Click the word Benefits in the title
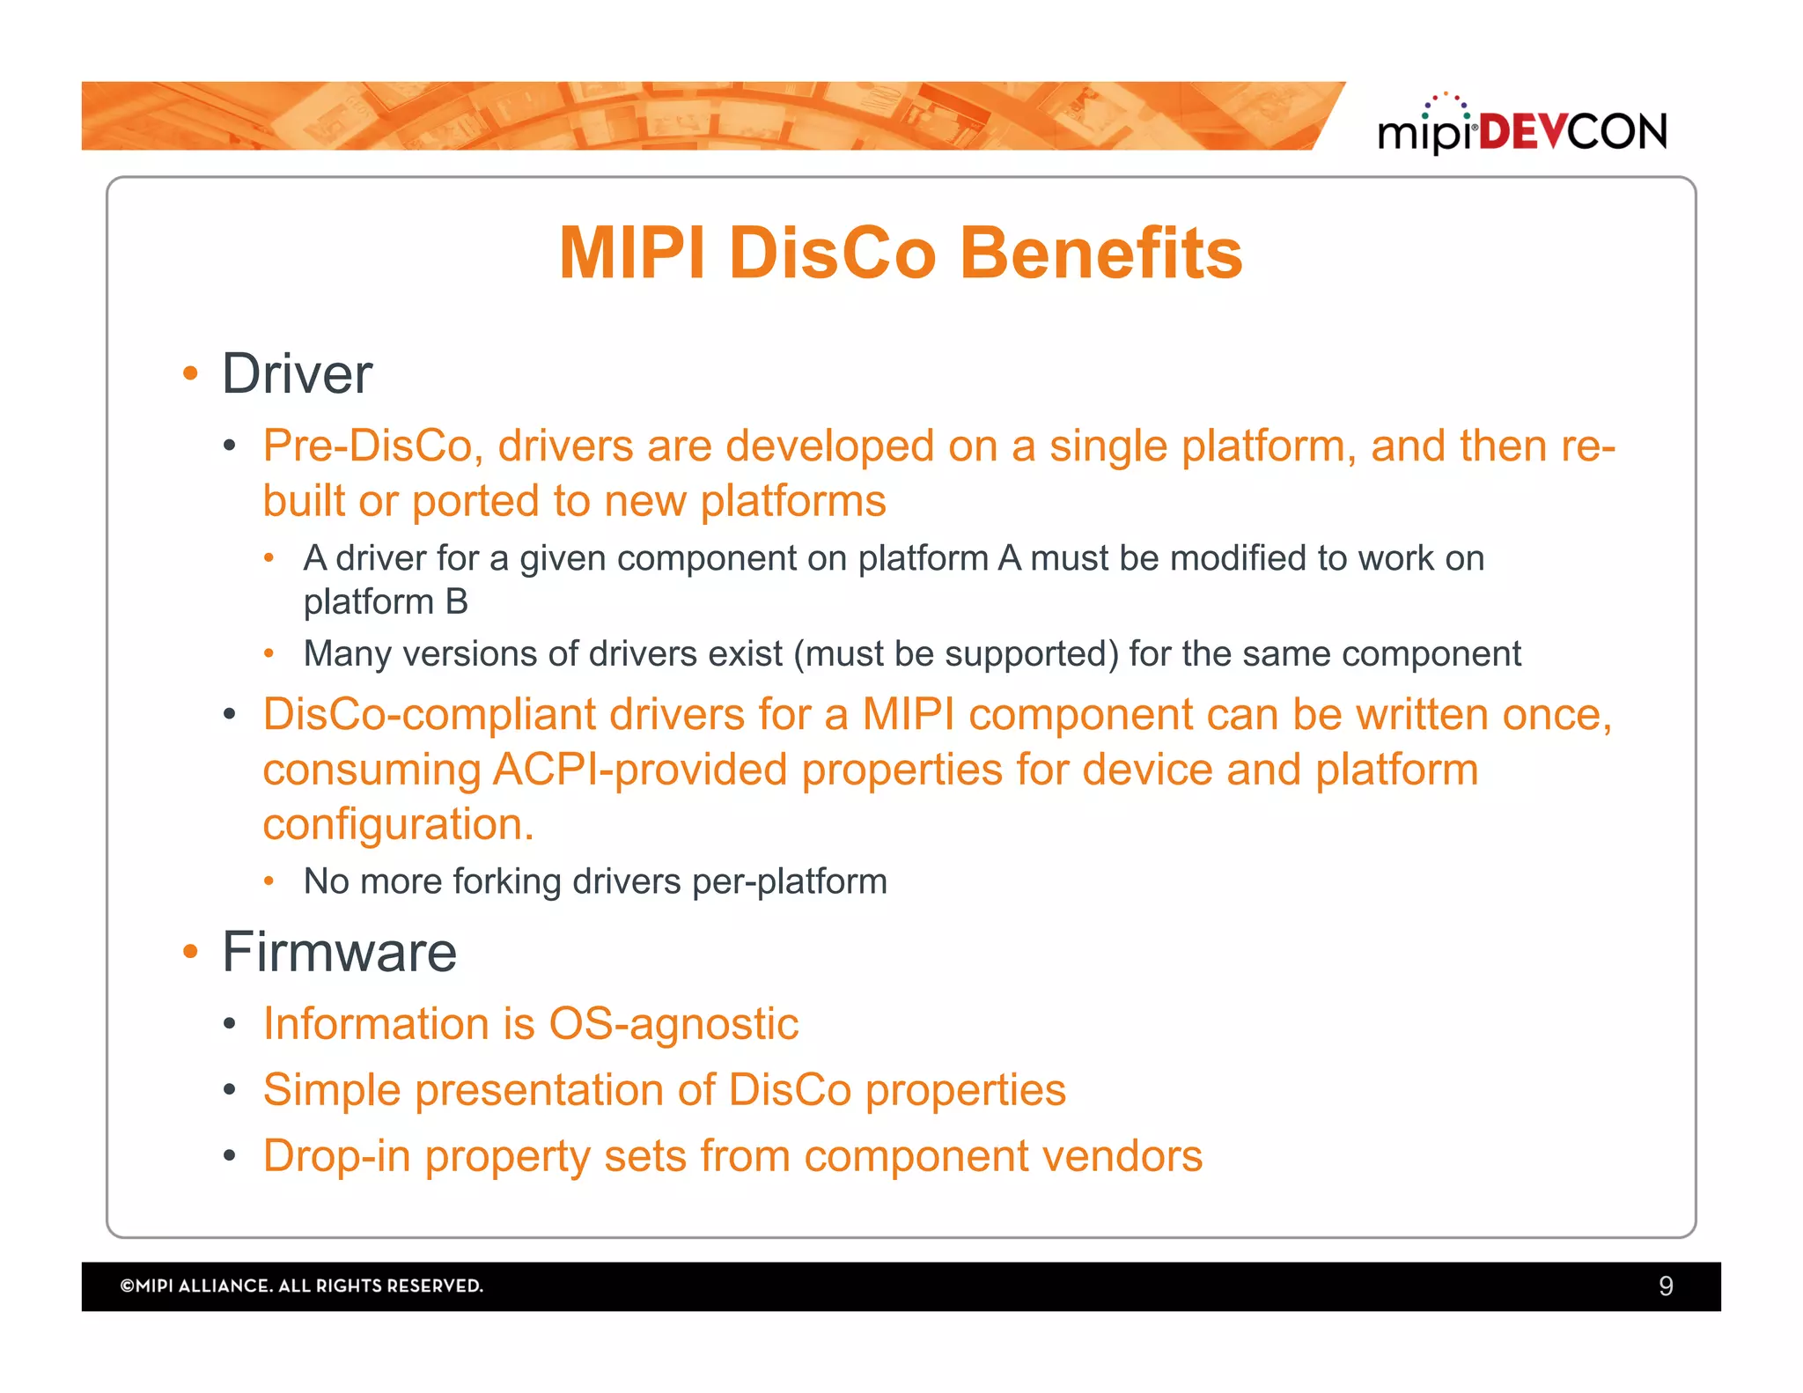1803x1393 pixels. (1100, 254)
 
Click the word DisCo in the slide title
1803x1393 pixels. (832, 254)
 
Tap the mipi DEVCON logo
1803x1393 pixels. (1521, 129)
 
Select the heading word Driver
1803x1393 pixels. (297, 374)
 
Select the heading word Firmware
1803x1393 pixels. (339, 952)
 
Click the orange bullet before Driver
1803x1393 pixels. (190, 374)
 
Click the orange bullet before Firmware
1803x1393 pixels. (190, 952)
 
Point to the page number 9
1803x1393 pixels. (1665, 1286)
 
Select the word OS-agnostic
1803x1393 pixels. (673, 1024)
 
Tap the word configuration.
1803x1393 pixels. (398, 825)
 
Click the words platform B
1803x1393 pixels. (386, 602)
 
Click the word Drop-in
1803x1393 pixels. (336, 1156)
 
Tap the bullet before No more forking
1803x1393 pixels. (269, 881)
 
